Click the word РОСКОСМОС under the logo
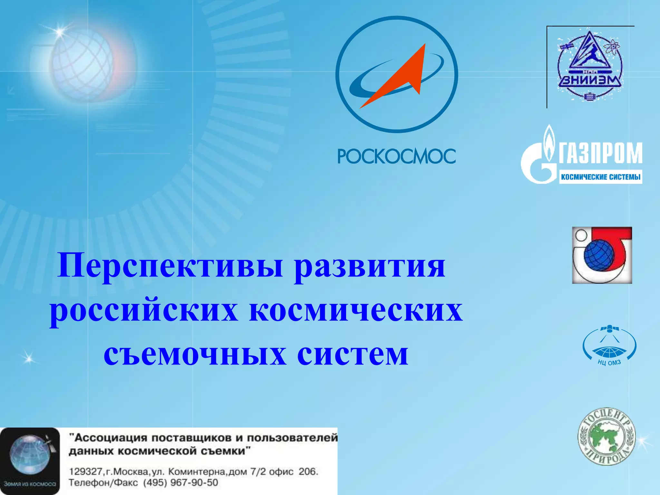pos(396,156)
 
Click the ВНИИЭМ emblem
pos(590,66)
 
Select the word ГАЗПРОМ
pos(600,154)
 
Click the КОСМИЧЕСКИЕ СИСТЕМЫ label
pos(600,177)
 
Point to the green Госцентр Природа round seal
pos(606,436)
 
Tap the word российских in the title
pos(144,311)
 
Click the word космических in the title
pos(356,311)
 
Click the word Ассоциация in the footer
pos(110,438)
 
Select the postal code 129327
pos(85,472)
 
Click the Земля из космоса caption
pos(30,484)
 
